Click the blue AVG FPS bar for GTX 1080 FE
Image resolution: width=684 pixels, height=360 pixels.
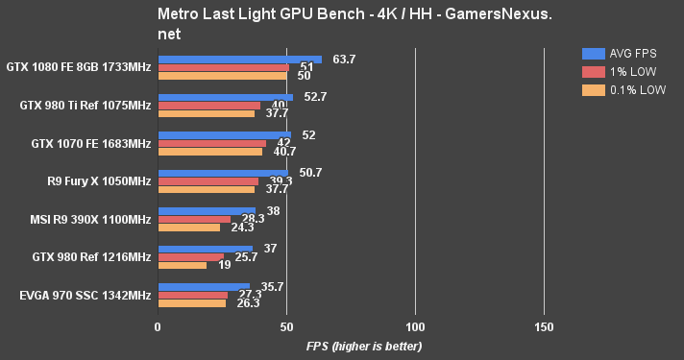click(240, 60)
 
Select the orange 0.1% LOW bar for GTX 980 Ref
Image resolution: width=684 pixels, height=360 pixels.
click(183, 265)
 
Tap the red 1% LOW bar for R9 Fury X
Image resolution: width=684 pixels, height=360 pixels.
click(208, 181)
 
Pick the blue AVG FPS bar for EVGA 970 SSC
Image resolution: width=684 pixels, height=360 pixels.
click(204, 285)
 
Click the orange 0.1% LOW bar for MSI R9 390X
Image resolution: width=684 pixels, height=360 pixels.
click(189, 228)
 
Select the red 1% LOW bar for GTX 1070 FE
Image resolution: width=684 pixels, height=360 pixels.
click(212, 143)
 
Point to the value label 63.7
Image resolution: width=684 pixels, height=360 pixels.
click(344, 60)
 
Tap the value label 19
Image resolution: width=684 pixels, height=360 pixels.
click(223, 265)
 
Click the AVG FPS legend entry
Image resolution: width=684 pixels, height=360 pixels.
click(625, 53)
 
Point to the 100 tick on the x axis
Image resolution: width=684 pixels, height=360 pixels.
click(415, 326)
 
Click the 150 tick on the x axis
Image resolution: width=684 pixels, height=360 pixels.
click(544, 326)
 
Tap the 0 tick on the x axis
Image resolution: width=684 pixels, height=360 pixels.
click(158, 326)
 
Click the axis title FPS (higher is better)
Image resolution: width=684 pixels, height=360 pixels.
click(364, 346)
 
